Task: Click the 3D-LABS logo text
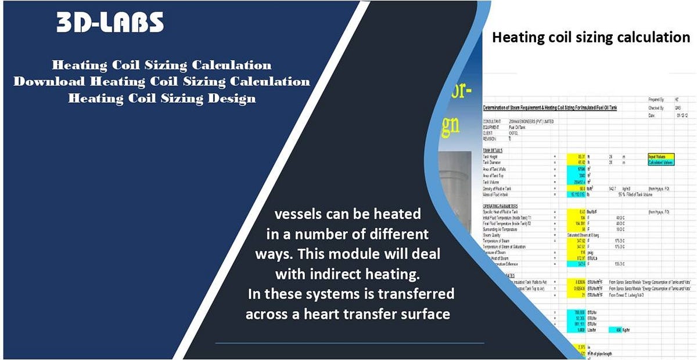tap(110, 23)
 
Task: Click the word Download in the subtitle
tap(49, 81)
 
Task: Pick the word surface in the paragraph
tap(425, 314)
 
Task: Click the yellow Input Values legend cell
tap(660, 156)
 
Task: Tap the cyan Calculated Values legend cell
tap(660, 162)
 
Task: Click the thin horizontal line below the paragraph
tap(349, 343)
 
